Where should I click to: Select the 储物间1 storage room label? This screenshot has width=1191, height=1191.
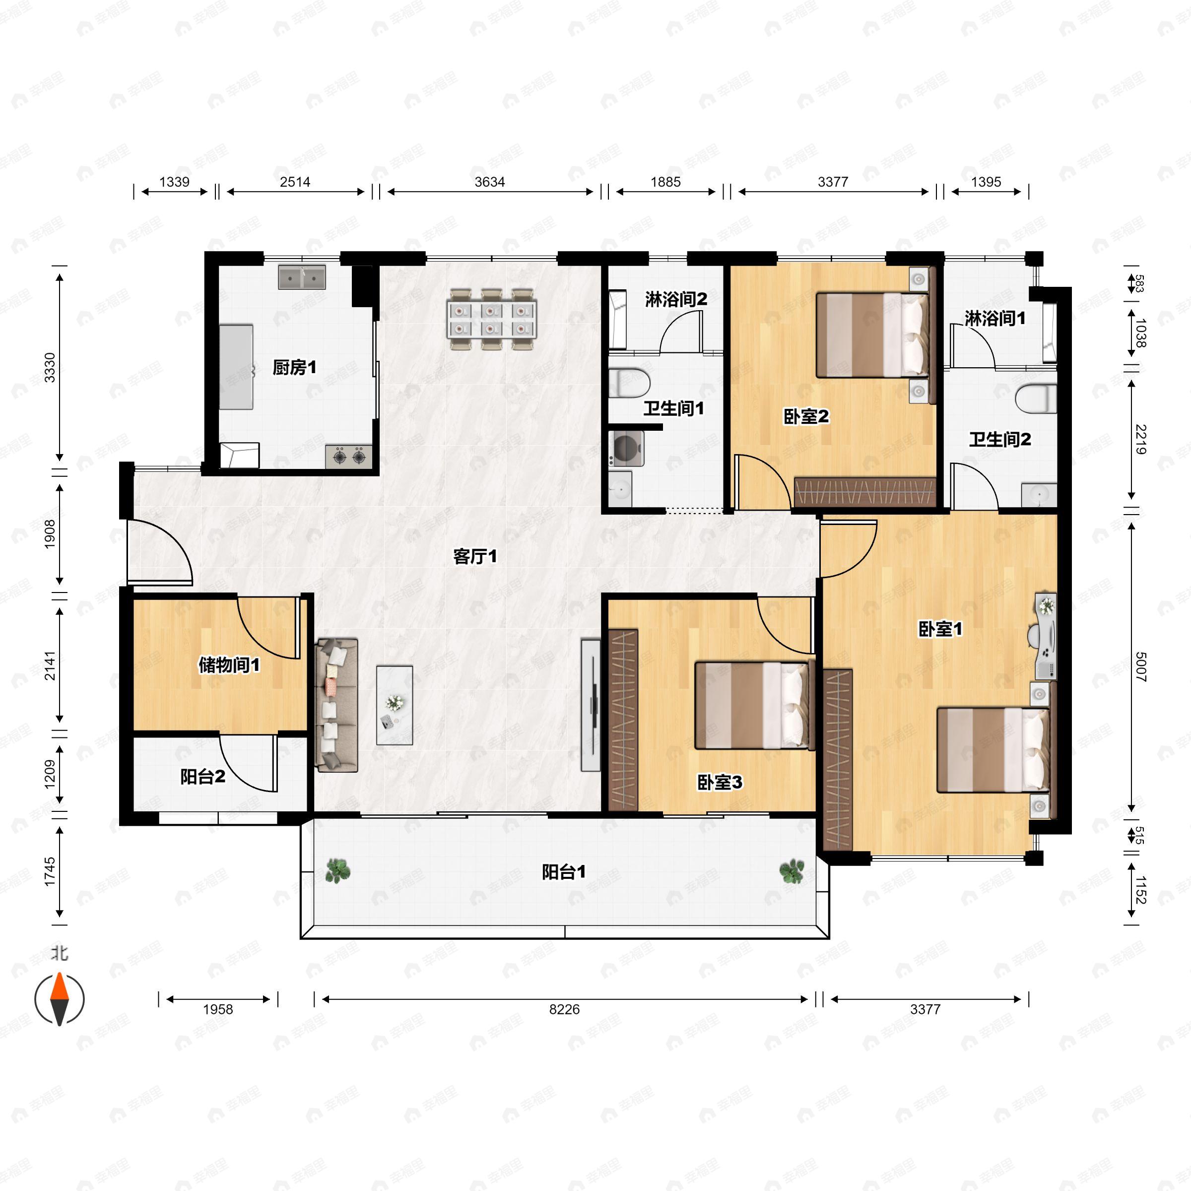[x=229, y=664]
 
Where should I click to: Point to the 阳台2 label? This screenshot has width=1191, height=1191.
[x=203, y=777]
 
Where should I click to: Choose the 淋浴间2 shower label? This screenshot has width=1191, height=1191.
[x=676, y=300]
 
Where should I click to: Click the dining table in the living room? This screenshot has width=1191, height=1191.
[x=492, y=319]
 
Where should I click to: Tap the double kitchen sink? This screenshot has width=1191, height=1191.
[x=302, y=277]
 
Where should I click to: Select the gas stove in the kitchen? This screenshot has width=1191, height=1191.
[x=349, y=457]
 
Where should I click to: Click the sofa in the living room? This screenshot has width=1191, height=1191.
[x=336, y=705]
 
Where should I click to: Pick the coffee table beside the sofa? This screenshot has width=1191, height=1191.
[x=395, y=705]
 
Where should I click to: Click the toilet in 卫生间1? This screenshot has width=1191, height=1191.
[x=629, y=382]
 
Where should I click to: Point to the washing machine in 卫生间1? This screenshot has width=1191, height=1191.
[x=626, y=448]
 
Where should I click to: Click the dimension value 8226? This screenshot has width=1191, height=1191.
[x=565, y=1009]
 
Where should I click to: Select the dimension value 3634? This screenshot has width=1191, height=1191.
[x=489, y=182]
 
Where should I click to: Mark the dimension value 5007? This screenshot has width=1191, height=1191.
[x=1140, y=667]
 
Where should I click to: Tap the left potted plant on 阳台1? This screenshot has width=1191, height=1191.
[x=337, y=870]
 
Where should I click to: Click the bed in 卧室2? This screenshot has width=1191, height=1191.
[x=872, y=335]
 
